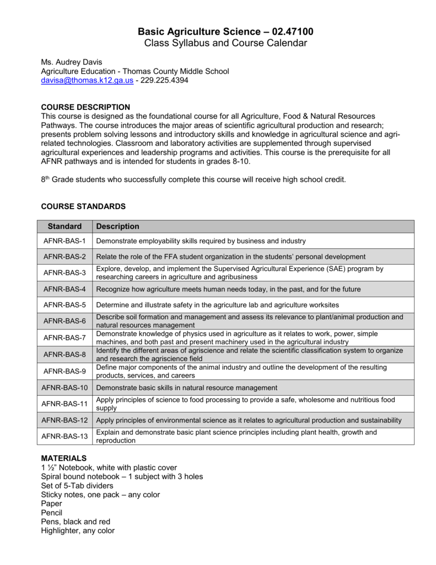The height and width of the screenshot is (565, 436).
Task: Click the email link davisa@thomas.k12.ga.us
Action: [x=88, y=81]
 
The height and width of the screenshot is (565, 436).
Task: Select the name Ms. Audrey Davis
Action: [x=72, y=61]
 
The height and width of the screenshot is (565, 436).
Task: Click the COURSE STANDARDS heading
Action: [x=84, y=206]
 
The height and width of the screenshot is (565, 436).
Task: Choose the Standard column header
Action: [x=64, y=227]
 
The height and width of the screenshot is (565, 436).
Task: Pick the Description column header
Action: [x=117, y=227]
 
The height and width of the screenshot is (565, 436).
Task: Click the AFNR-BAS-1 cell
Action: [x=64, y=241]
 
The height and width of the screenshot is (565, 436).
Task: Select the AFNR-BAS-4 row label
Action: [x=64, y=289]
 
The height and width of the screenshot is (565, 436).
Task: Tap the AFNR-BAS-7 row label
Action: [x=64, y=337]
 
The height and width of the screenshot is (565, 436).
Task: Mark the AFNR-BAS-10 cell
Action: [x=64, y=387]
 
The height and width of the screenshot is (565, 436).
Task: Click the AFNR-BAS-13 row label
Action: [x=64, y=436]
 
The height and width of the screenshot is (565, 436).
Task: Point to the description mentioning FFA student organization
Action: [x=230, y=257]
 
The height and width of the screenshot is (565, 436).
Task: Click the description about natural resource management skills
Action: [x=186, y=387]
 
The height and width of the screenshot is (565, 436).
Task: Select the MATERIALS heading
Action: [x=64, y=459]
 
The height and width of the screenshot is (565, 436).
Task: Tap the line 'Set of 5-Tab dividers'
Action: [x=77, y=486]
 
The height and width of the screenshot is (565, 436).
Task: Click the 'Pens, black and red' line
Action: [x=76, y=521]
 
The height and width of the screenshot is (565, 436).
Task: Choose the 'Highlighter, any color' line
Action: [x=78, y=531]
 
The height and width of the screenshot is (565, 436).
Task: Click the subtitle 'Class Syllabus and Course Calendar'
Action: [x=218, y=43]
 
